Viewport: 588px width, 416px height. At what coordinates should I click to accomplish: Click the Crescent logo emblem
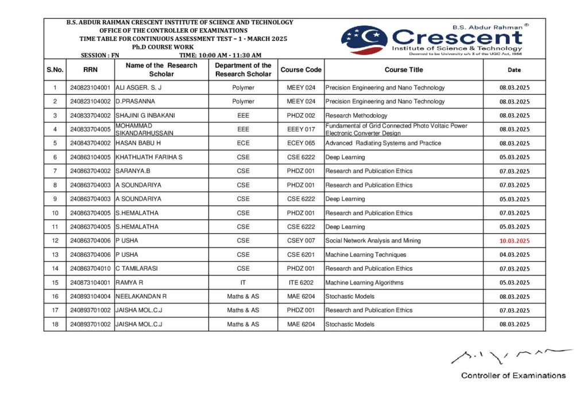[x=364, y=40]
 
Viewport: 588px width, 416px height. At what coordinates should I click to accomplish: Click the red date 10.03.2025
[x=514, y=241]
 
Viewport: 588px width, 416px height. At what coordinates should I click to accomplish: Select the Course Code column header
[x=301, y=70]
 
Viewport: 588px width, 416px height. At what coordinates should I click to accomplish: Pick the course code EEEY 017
[x=301, y=129]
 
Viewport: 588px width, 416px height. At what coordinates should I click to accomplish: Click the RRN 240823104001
[x=90, y=88]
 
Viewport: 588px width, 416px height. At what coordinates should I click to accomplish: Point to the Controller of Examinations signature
[x=510, y=356]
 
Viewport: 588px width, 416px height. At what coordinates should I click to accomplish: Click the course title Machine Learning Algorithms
[x=364, y=283]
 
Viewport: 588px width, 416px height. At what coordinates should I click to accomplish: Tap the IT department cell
[x=243, y=283]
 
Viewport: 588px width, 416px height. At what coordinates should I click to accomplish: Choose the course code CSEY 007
[x=301, y=241]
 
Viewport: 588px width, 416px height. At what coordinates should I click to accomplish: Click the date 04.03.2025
[x=514, y=255]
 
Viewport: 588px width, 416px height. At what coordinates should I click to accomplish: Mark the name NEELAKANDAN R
[x=141, y=296]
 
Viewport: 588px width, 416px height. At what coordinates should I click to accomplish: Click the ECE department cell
[x=243, y=143]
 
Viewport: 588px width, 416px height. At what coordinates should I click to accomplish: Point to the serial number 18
[x=55, y=325]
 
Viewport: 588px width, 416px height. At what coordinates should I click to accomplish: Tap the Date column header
[x=514, y=70]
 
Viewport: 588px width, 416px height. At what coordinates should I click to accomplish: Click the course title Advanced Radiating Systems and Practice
[x=383, y=143]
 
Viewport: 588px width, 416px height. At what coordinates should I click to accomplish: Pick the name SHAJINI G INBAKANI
[x=145, y=115]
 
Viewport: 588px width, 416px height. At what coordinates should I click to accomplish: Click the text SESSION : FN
[x=100, y=55]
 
